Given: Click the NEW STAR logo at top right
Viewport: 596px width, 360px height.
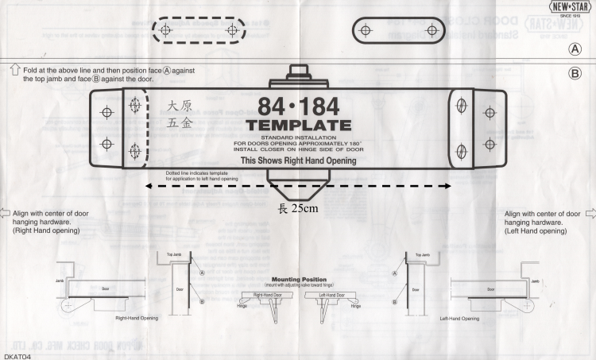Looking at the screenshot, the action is pyautogui.click(x=570, y=7).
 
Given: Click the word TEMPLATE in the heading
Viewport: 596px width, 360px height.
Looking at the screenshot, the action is pyautogui.click(x=298, y=126).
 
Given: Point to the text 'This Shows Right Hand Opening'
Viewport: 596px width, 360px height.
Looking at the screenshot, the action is pyautogui.click(x=298, y=161).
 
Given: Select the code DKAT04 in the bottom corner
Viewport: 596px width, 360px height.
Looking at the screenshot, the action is pyautogui.click(x=17, y=355).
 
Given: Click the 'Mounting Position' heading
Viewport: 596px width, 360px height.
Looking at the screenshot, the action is pyautogui.click(x=298, y=280).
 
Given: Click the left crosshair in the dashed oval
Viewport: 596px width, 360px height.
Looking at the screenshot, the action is pyautogui.click(x=165, y=30).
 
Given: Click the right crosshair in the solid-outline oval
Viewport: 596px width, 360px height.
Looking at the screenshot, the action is pyautogui.click(x=431, y=30).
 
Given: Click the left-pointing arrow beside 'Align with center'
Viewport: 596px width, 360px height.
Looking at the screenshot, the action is pyautogui.click(x=7, y=213).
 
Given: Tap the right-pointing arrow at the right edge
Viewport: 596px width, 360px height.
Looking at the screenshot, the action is pyautogui.click(x=590, y=213).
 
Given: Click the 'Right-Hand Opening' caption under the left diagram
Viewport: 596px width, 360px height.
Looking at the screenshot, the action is pyautogui.click(x=135, y=318).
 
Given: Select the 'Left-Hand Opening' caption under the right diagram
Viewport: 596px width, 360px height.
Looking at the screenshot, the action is pyautogui.click(x=459, y=318).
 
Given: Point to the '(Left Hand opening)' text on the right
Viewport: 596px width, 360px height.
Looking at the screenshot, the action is pyautogui.click(x=541, y=231).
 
